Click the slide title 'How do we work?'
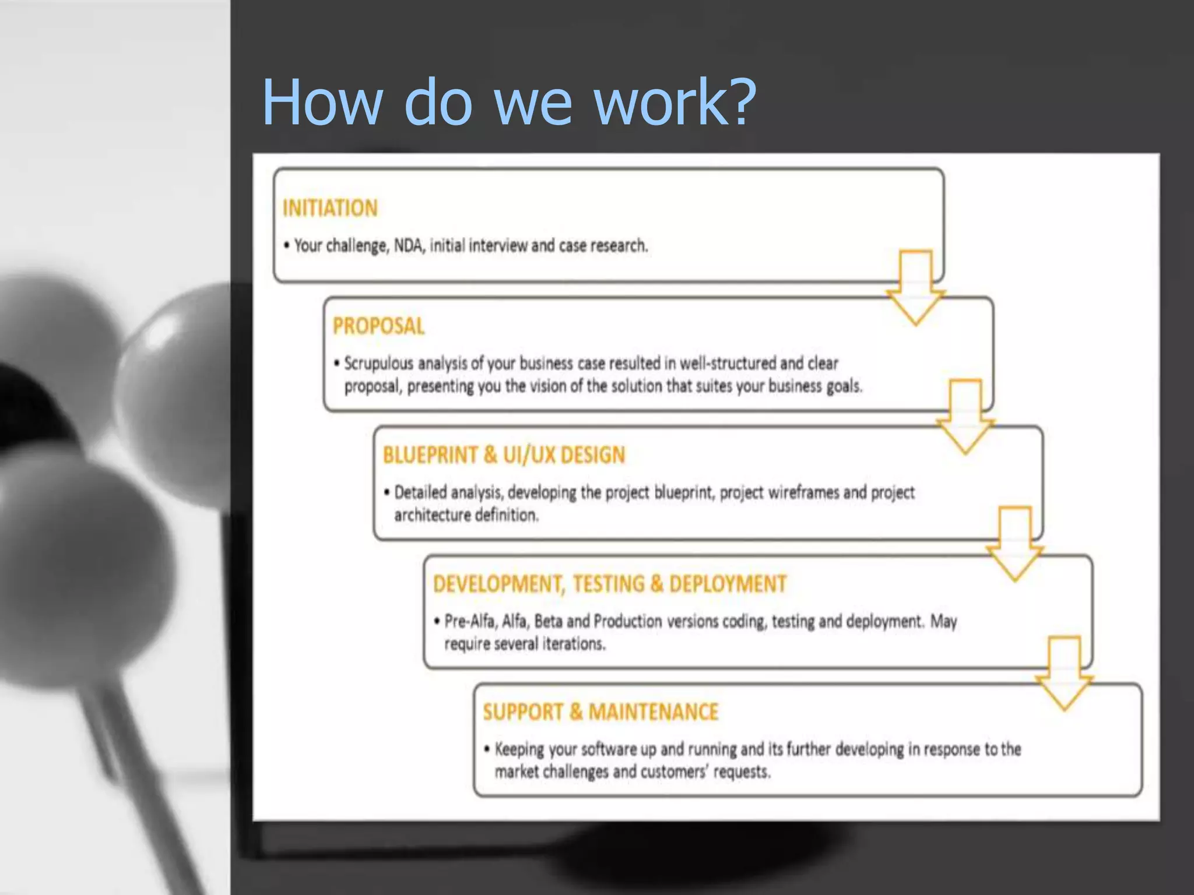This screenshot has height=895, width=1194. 508,102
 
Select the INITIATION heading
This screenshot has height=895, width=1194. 330,208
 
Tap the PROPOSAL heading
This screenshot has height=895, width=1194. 378,326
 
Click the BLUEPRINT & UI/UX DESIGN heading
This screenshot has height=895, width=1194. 504,454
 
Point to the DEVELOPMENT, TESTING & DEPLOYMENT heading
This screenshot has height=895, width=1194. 609,583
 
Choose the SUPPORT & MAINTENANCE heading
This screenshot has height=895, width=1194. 600,711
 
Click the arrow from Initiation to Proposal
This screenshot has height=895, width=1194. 915,288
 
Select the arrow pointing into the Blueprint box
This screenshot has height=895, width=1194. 965,417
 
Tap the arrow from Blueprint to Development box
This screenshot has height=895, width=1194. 1015,545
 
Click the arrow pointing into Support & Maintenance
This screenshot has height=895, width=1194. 1065,674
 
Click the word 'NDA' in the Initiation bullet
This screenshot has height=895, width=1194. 409,245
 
